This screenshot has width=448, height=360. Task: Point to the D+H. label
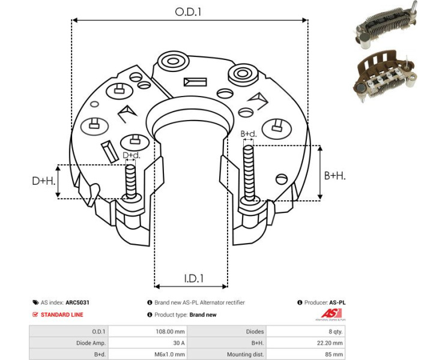point(44,181)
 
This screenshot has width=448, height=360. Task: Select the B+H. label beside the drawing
point(334,175)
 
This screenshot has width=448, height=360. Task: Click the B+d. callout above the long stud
point(248,134)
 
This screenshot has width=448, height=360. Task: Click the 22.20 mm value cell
point(330,343)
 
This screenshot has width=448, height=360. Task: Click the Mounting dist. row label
point(245,354)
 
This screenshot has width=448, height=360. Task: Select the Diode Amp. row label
point(91,343)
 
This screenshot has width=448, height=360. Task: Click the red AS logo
point(330,314)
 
